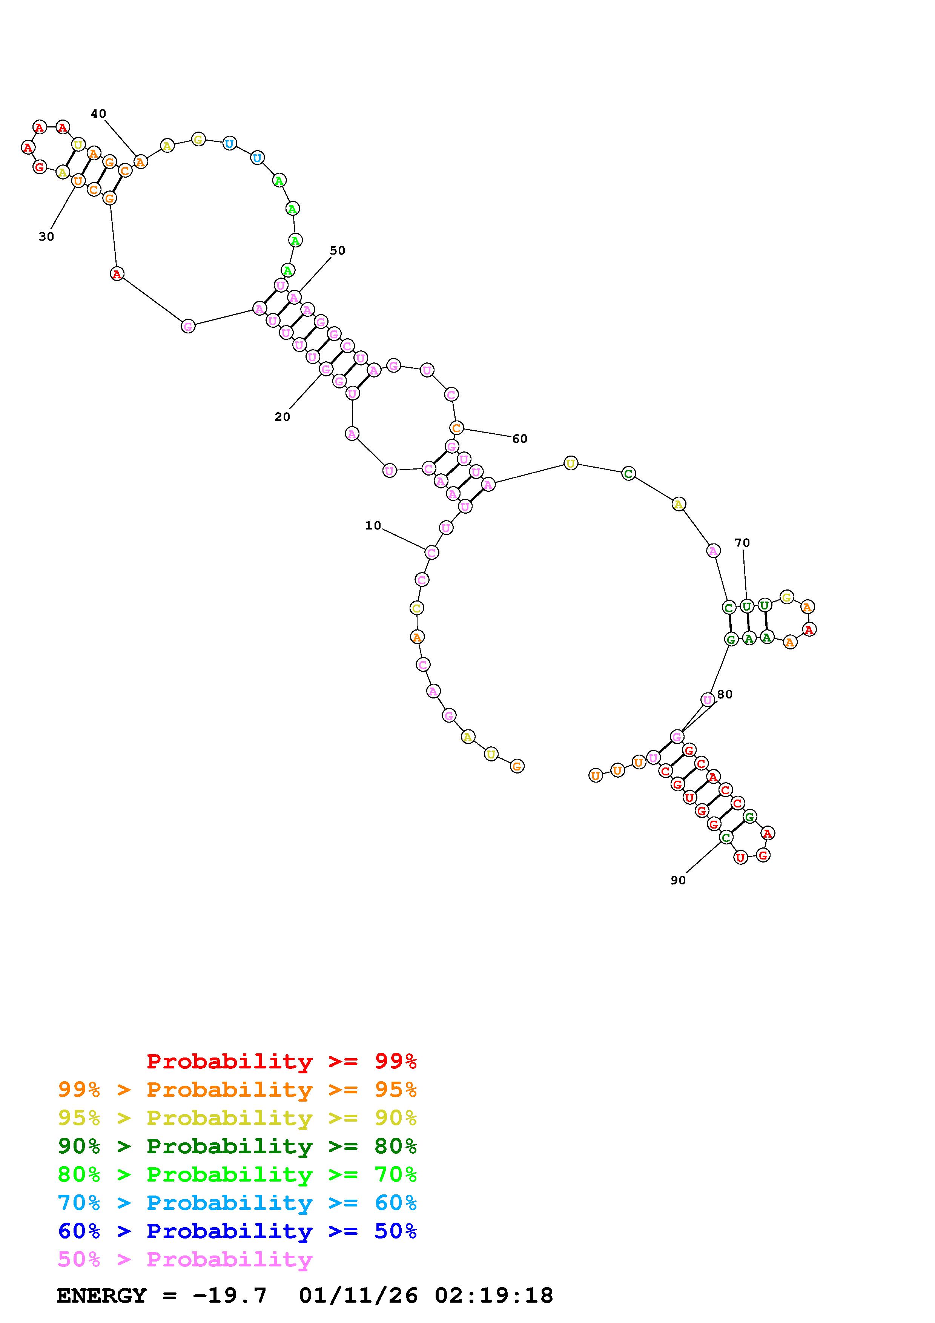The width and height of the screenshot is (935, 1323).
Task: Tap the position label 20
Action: click(282, 417)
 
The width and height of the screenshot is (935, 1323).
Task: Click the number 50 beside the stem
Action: click(338, 251)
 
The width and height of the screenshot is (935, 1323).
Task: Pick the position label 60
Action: click(520, 439)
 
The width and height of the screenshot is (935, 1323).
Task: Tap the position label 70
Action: click(743, 543)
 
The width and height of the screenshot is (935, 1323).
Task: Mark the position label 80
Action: click(725, 694)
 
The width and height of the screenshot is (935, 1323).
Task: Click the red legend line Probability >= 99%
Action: click(282, 1061)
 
